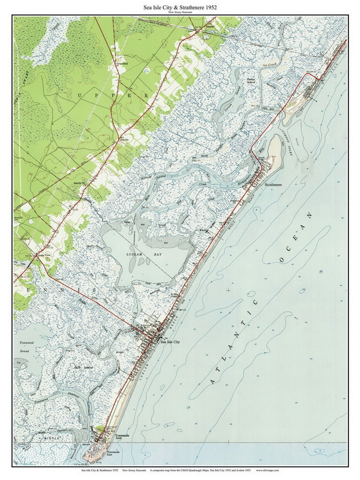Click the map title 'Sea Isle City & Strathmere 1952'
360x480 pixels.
(180, 8)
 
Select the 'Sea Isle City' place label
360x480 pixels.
(170, 342)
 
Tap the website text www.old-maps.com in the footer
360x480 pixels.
(268, 470)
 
